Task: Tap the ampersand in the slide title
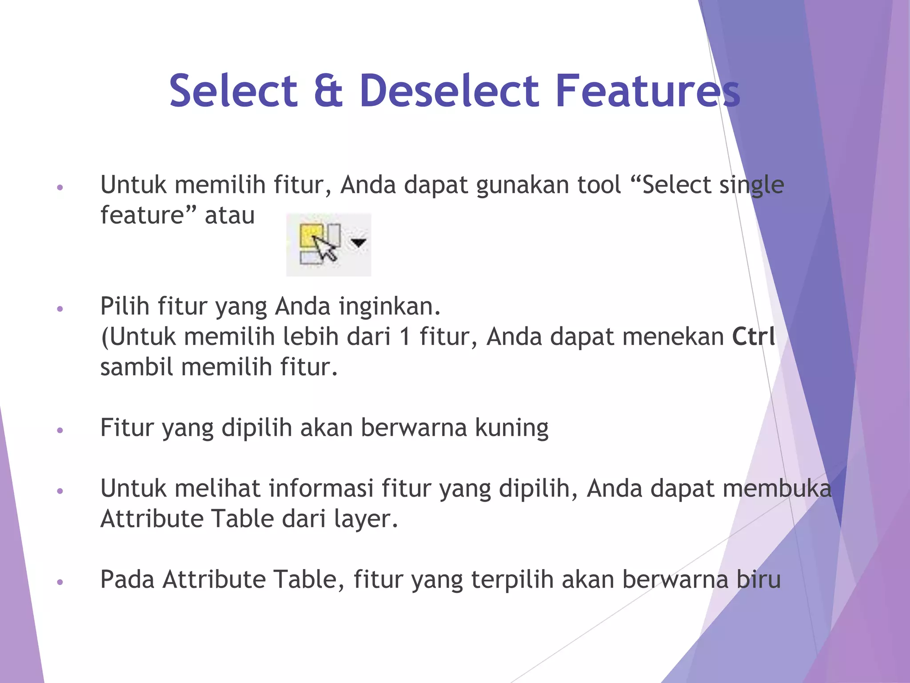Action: point(328,91)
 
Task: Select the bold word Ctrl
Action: point(754,337)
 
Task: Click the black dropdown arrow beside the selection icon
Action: point(358,242)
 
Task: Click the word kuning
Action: point(511,428)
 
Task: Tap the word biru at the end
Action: point(758,580)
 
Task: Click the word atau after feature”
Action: point(230,216)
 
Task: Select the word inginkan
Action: point(390,306)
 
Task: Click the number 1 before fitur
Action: point(404,337)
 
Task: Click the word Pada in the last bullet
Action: point(128,580)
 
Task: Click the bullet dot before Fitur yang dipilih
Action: point(60,430)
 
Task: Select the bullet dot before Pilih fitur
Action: point(60,309)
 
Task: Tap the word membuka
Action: point(777,489)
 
